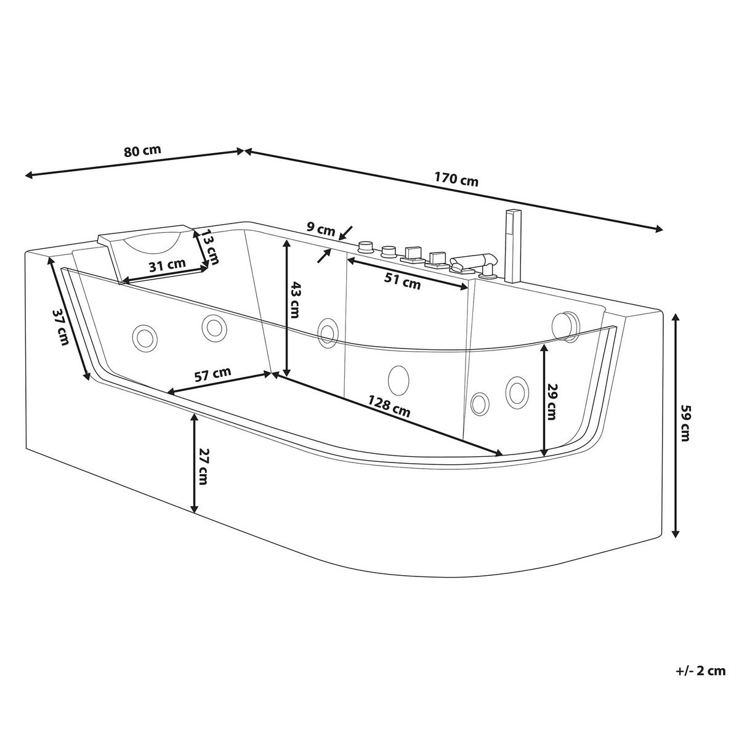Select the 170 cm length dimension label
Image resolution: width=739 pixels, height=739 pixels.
pyautogui.click(x=456, y=180)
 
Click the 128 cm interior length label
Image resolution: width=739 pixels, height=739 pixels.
pyautogui.click(x=389, y=408)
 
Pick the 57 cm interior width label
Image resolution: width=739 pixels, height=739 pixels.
pyautogui.click(x=212, y=374)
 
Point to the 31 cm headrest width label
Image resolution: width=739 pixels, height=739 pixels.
pyautogui.click(x=167, y=264)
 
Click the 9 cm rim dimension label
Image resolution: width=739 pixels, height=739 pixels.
pyautogui.click(x=321, y=228)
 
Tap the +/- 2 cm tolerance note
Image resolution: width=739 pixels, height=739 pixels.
pyautogui.click(x=700, y=671)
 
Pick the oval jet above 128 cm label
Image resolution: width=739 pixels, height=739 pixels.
pyautogui.click(x=399, y=378)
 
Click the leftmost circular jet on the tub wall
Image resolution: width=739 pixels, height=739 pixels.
pyautogui.click(x=145, y=337)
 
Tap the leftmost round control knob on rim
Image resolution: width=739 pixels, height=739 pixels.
pyautogui.click(x=366, y=246)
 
